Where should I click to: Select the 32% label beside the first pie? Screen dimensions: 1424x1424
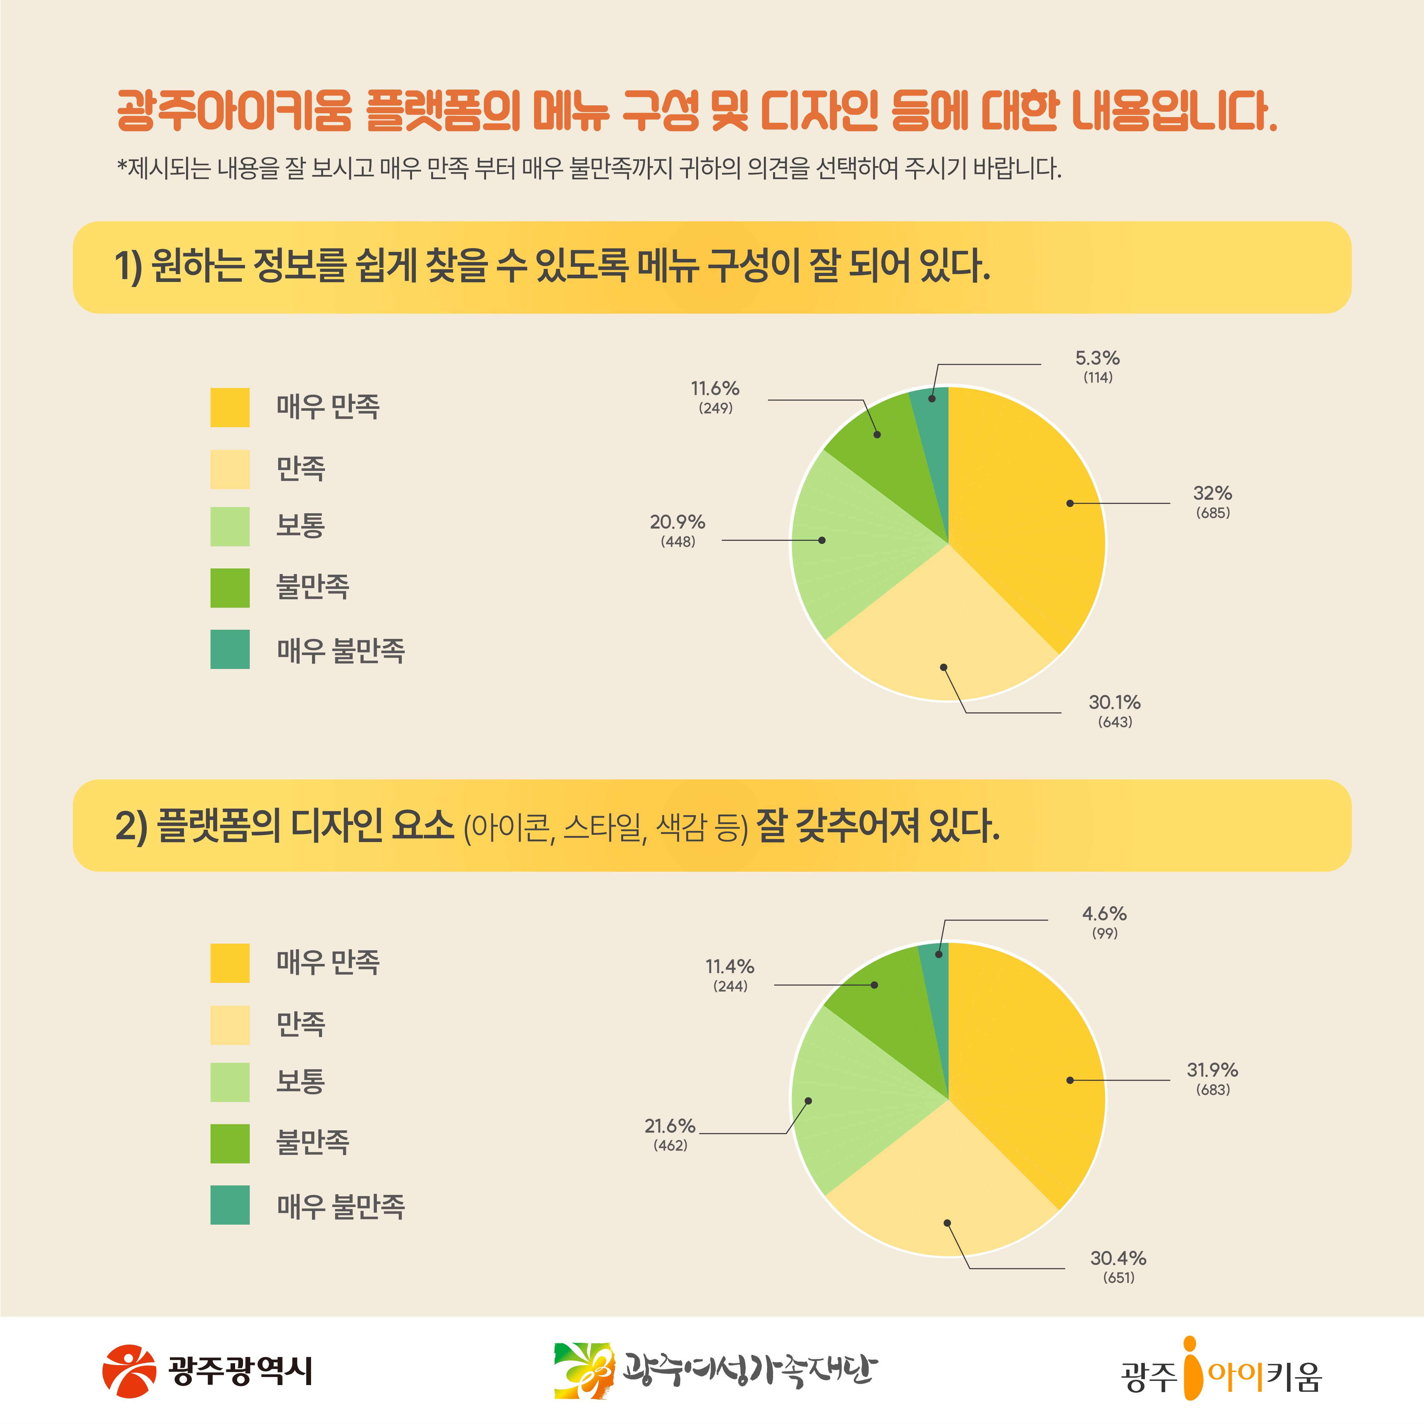[x=1213, y=493]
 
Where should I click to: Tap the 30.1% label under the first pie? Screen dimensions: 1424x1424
[x=1115, y=703]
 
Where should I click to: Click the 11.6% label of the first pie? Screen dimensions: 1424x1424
[x=715, y=388]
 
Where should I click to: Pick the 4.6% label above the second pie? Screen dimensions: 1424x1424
[x=1104, y=914]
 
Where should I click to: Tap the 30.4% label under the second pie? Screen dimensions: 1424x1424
[x=1118, y=1258]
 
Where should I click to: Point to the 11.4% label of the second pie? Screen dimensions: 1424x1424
[x=730, y=966]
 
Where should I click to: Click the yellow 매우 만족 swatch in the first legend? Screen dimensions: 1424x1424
[x=230, y=408]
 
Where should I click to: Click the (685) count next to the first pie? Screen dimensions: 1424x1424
[x=1213, y=513]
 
